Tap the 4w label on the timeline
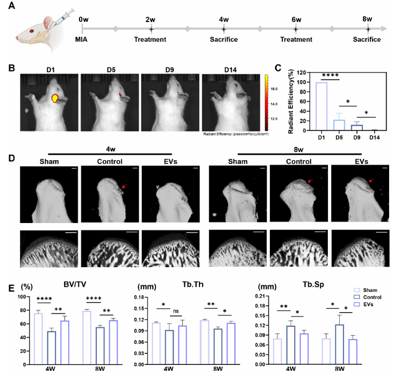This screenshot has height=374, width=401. pos(224,19)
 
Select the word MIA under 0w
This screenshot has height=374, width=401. pos(82,39)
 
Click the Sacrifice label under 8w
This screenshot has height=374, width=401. pos(367,39)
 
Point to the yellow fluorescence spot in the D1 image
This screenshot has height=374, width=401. pos(55,98)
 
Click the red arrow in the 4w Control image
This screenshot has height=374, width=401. pos(124,186)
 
